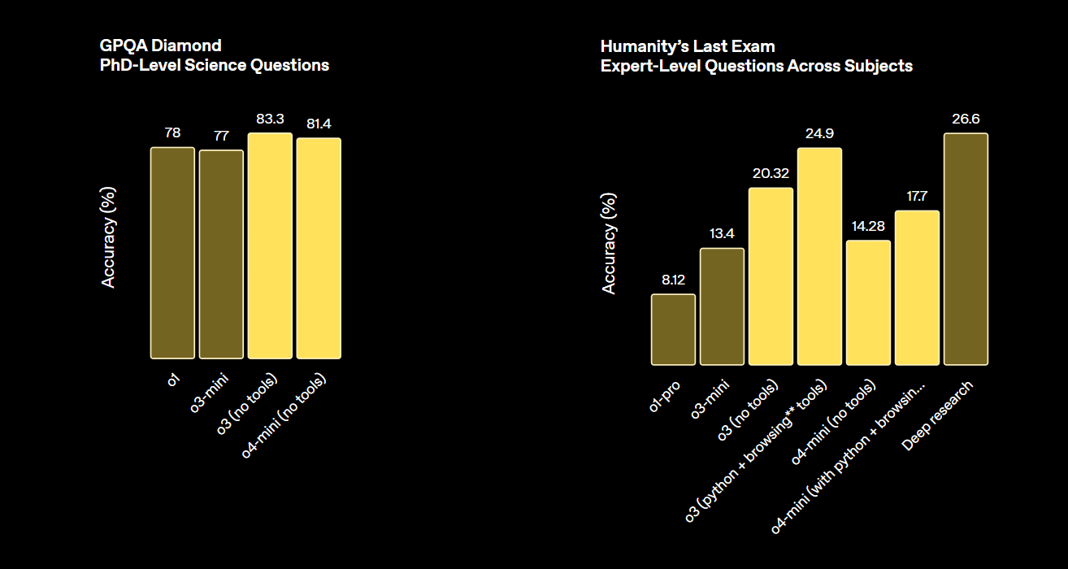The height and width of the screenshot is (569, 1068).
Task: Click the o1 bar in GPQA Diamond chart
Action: pos(172,253)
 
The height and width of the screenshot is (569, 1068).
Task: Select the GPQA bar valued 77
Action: pos(221,254)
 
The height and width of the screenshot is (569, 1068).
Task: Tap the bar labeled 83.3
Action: pos(270,245)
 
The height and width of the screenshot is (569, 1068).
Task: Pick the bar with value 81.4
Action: pos(319,248)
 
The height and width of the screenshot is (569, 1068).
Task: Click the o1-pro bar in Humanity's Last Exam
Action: pos(673,329)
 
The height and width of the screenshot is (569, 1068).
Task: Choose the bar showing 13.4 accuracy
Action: pos(722,306)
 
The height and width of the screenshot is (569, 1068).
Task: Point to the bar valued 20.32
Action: pos(771,276)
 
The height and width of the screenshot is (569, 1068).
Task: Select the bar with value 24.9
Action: pos(819,256)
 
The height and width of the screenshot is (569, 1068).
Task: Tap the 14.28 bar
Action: pos(868,302)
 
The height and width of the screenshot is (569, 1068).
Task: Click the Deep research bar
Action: pos(966,249)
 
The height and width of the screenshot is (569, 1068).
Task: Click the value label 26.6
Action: pos(966,119)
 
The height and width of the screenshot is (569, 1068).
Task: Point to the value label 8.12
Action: pos(673,280)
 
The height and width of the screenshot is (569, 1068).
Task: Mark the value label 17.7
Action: pos(917,197)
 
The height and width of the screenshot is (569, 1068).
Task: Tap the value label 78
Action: pos(172,133)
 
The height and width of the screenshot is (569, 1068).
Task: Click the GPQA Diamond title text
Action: pos(160,46)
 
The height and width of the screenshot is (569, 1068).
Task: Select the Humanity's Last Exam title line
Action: pos(688,46)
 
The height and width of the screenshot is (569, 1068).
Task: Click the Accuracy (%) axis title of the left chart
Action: pos(109,237)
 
